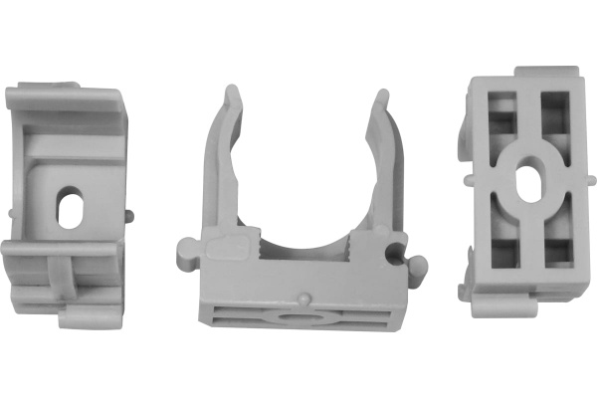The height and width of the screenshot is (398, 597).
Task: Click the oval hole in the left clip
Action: tap(71, 206)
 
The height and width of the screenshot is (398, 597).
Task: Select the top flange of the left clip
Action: tap(65, 98)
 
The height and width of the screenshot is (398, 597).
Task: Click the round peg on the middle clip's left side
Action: tap(185, 249)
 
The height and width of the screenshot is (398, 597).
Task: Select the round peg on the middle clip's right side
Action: tap(417, 266)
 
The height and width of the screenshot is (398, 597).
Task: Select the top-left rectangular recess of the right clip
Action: tap(501, 114)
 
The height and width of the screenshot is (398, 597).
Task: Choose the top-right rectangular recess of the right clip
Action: tap(554, 114)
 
